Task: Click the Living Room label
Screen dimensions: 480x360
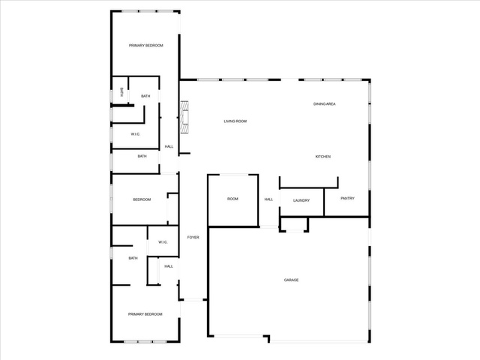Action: click(235, 121)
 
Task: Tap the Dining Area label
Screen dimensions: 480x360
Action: click(324, 104)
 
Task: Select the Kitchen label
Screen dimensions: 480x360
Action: click(323, 157)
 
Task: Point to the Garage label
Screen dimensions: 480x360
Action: click(291, 280)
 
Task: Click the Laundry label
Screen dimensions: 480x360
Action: click(301, 200)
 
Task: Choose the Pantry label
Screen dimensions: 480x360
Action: click(347, 198)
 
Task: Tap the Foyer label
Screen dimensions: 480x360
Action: click(193, 237)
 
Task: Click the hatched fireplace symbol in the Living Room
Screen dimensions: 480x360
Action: click(184, 117)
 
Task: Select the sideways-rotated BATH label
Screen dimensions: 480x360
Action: click(121, 92)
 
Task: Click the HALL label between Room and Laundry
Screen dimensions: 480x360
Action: click(268, 199)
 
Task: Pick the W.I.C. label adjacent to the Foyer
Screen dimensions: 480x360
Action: click(163, 242)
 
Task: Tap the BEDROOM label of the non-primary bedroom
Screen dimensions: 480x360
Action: click(142, 199)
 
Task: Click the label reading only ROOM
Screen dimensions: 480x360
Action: click(232, 199)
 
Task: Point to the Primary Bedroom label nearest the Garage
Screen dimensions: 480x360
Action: click(145, 314)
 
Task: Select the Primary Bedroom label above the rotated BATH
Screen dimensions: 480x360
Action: click(145, 46)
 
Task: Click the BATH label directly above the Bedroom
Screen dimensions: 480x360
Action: click(142, 157)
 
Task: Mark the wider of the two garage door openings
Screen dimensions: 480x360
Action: click(319, 341)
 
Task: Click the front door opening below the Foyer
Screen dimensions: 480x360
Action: click(193, 300)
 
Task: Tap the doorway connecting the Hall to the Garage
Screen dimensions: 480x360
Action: click(269, 226)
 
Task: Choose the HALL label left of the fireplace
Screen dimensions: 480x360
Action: click(169, 147)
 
